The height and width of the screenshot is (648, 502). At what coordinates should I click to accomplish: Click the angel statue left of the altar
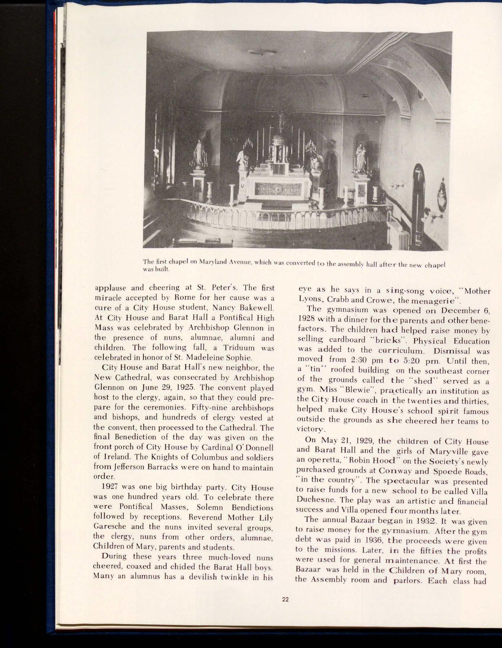point(242,160)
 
